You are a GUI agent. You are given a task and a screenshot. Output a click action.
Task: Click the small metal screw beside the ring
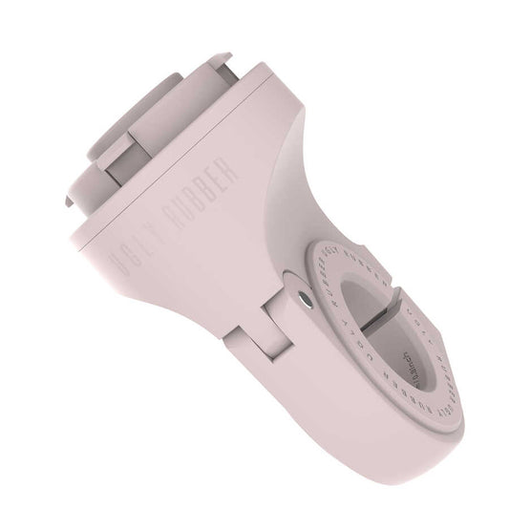303,299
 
